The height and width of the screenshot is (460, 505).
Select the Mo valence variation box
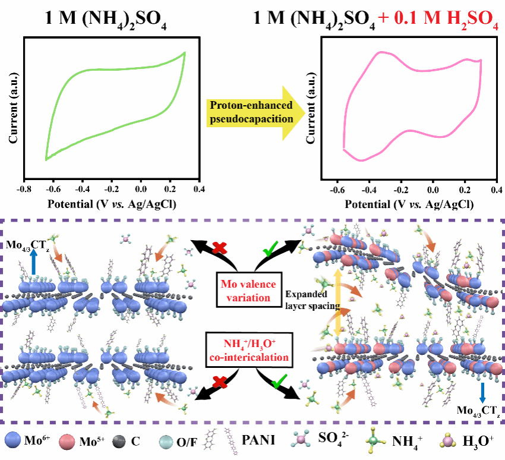[252, 288]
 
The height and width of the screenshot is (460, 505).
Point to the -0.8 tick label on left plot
[24, 189]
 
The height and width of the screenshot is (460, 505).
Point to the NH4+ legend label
[412, 440]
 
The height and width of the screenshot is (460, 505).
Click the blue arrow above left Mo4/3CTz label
[34, 264]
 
